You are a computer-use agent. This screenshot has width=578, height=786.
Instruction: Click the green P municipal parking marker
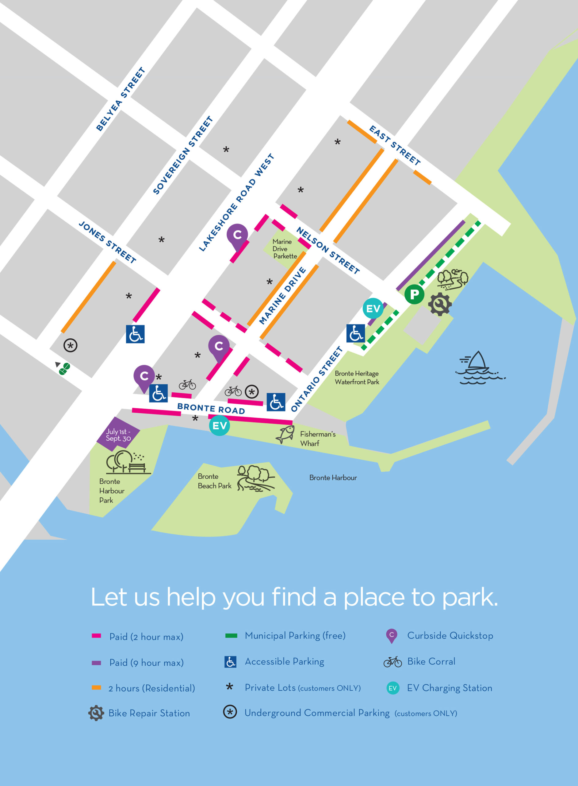[414, 294]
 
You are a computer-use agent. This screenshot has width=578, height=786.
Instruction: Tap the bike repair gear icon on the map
[440, 304]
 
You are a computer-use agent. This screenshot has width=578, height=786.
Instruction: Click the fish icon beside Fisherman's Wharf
[285, 434]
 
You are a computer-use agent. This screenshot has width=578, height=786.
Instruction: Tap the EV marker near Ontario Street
[373, 308]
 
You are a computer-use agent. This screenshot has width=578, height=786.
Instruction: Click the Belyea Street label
[121, 99]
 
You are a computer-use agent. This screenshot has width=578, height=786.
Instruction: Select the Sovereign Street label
[183, 155]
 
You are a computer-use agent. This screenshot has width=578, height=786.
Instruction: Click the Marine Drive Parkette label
[285, 249]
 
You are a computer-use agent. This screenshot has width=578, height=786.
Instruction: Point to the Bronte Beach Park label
[214, 481]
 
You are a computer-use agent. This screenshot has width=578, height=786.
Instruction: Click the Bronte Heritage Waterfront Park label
[357, 378]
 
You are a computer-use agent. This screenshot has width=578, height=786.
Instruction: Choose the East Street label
[395, 145]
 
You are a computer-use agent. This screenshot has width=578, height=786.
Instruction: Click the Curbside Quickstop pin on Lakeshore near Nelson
[237, 235]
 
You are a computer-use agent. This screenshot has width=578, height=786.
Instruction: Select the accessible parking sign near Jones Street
[135, 334]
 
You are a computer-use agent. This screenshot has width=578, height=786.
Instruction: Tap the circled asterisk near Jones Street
[70, 345]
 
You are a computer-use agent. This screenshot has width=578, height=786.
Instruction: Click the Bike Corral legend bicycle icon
[392, 662]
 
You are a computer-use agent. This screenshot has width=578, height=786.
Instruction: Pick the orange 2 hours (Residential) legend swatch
[96, 687]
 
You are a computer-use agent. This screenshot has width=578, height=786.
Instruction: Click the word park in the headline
[469, 597]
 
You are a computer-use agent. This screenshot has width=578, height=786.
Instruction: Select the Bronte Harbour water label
[333, 477]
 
